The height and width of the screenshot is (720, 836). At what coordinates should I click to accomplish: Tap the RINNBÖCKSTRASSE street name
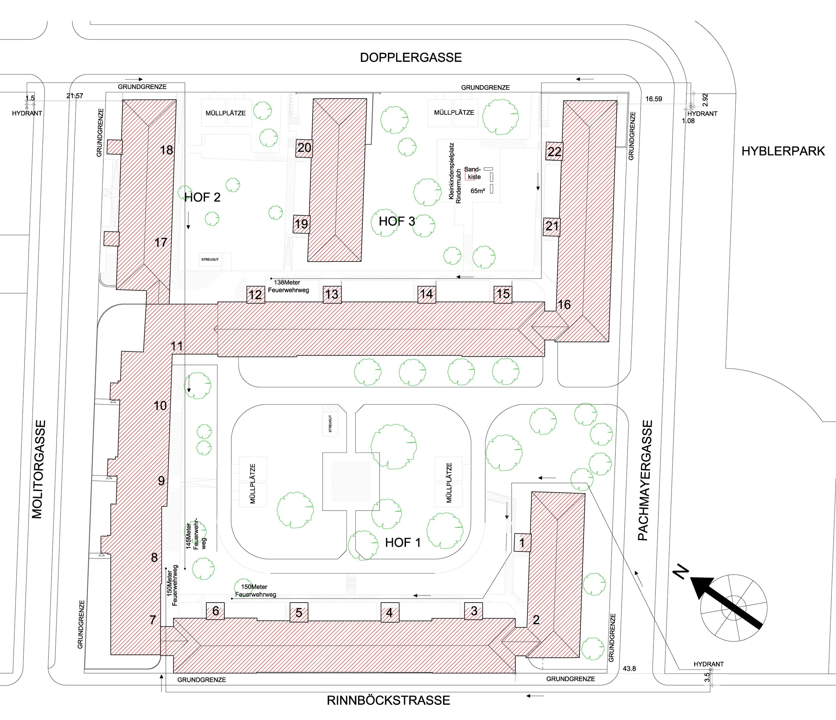click(x=388, y=700)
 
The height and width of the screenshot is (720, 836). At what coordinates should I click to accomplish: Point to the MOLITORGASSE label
click(x=37, y=469)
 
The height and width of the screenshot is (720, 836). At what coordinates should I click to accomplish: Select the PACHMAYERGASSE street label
click(x=644, y=480)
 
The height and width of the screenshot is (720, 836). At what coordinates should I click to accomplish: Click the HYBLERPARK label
click(x=783, y=151)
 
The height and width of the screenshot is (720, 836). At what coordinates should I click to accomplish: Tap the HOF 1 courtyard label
click(x=403, y=543)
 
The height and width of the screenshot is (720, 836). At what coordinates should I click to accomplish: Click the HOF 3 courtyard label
click(x=397, y=221)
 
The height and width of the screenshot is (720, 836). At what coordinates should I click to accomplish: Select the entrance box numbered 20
click(x=304, y=148)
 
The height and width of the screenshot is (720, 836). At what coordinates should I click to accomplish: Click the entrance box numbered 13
click(x=332, y=294)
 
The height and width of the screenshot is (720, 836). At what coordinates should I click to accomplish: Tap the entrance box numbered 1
click(x=522, y=543)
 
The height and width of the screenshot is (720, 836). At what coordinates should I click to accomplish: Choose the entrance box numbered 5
click(x=299, y=613)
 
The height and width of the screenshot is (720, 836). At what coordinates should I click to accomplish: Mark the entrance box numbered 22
click(x=554, y=152)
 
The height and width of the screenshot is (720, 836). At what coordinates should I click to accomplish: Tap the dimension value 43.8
click(x=629, y=669)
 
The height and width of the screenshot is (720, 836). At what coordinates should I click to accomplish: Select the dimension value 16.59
click(x=654, y=99)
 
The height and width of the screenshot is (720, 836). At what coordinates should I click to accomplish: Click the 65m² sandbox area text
click(x=478, y=191)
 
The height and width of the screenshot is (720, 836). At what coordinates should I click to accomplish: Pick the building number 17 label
click(x=161, y=242)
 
